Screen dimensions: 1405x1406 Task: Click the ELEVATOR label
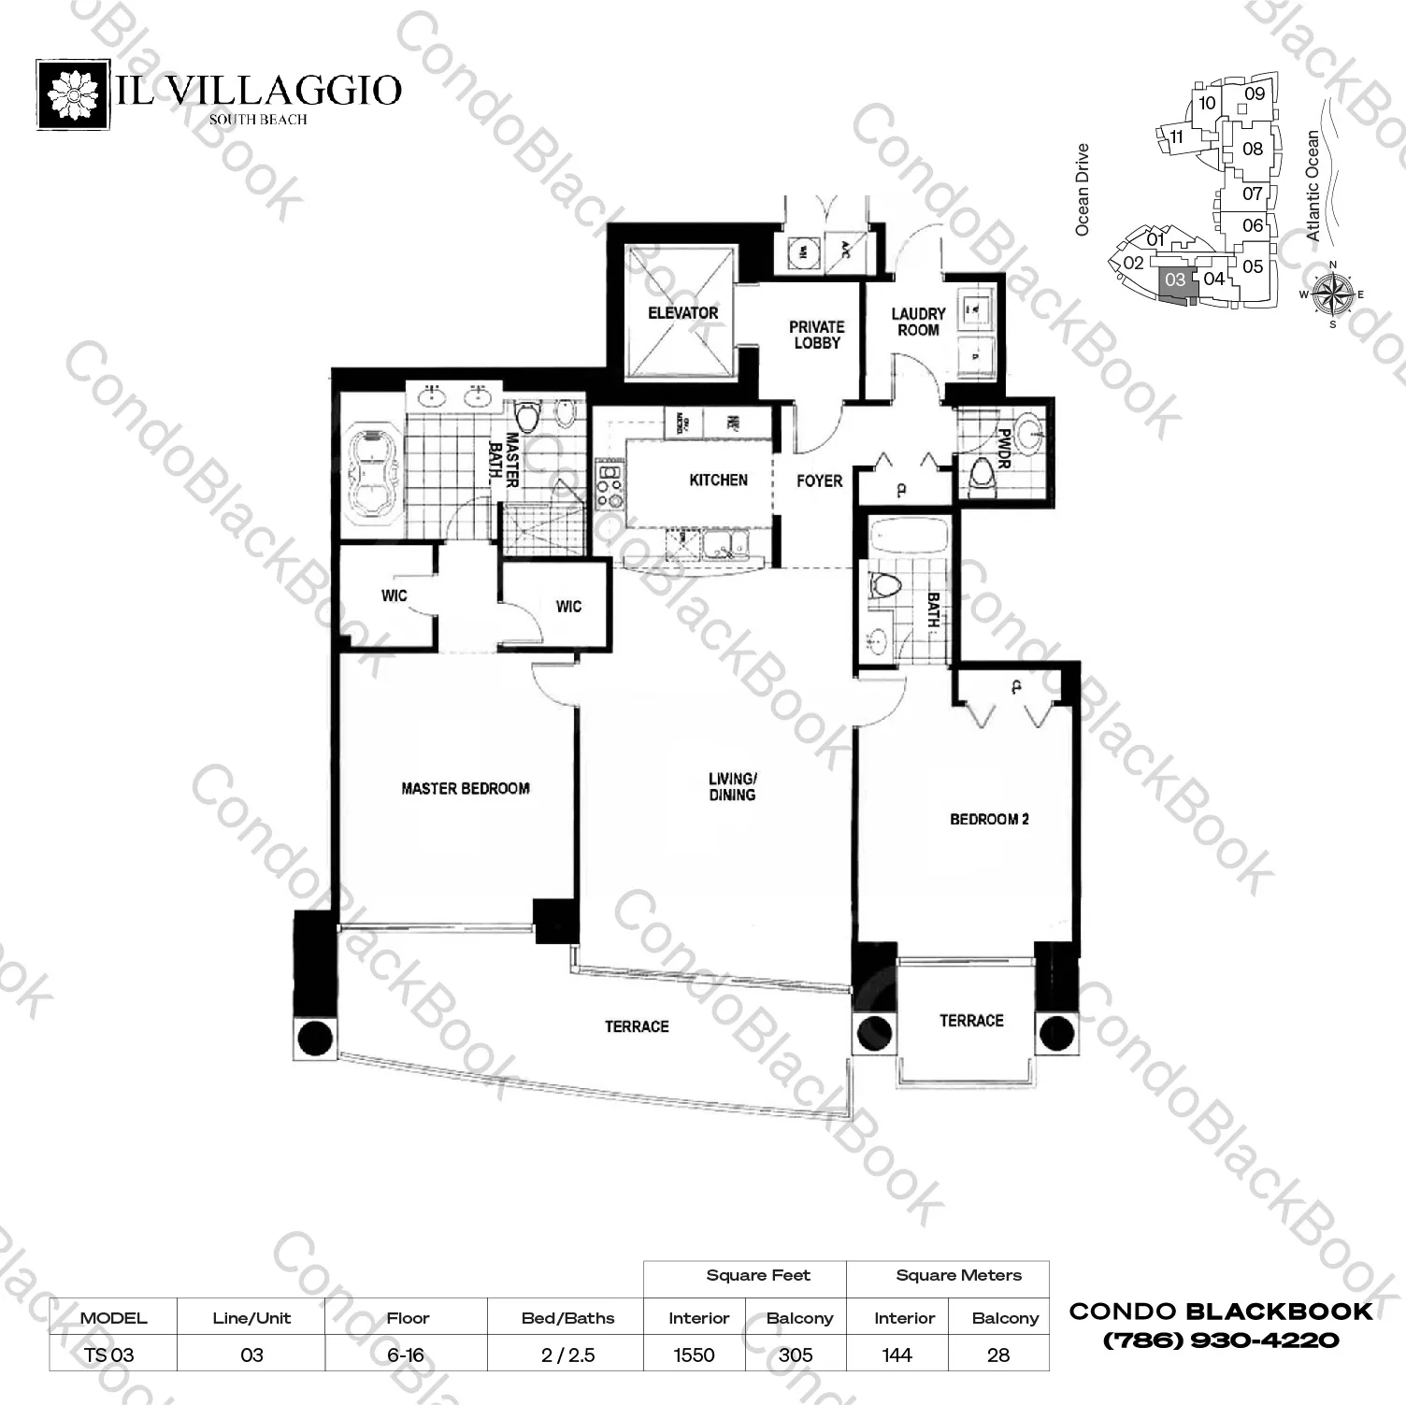click(682, 313)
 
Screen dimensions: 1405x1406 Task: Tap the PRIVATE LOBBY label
click(816, 335)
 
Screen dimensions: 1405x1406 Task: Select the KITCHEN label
click(718, 480)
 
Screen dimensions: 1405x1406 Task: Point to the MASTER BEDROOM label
click(466, 789)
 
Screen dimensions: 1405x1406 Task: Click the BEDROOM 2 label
click(989, 820)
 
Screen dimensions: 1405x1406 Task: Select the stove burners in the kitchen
click(609, 485)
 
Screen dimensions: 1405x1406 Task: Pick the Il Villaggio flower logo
click(73, 94)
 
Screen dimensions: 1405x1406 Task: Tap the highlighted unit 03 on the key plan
click(1175, 280)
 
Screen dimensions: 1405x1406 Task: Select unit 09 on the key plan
click(1255, 93)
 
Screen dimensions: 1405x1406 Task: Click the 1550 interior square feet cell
click(694, 1355)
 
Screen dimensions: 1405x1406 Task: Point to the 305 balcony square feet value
click(796, 1355)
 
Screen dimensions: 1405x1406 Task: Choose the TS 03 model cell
click(109, 1355)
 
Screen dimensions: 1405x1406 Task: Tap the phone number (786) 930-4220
click(1221, 1340)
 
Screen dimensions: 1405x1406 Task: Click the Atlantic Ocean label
click(1313, 186)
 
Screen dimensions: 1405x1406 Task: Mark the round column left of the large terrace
click(314, 1038)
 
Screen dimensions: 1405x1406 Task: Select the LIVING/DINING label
click(732, 787)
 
